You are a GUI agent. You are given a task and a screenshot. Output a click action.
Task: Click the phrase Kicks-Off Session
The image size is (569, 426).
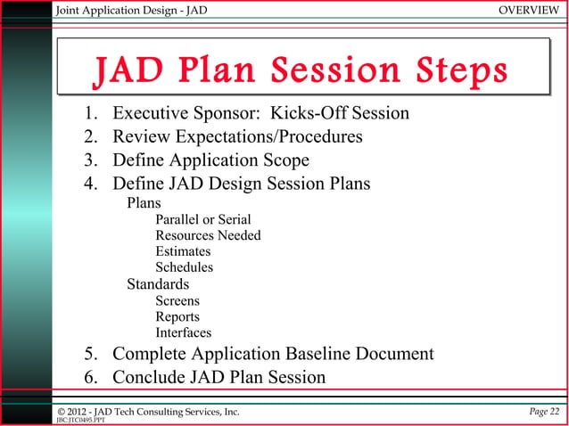click(334, 114)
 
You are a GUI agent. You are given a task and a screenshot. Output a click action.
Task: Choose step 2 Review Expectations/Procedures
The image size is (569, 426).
click(236, 137)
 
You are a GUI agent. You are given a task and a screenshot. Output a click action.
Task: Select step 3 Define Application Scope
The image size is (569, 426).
click(210, 161)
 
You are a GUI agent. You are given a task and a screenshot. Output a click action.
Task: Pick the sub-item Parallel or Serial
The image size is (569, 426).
click(202, 219)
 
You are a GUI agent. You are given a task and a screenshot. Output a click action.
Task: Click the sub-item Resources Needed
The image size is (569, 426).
click(208, 235)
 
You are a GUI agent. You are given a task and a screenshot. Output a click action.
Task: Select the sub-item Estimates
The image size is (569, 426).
click(184, 251)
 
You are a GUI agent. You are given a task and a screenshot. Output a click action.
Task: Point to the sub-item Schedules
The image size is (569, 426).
click(184, 267)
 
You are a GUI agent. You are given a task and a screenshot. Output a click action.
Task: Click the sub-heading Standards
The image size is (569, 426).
click(157, 284)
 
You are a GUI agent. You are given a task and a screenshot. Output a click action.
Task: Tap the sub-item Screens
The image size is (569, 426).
click(177, 301)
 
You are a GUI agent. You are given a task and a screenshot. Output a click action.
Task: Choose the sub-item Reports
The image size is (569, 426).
click(177, 317)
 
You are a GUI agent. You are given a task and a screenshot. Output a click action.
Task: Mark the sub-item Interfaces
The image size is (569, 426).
click(183, 333)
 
